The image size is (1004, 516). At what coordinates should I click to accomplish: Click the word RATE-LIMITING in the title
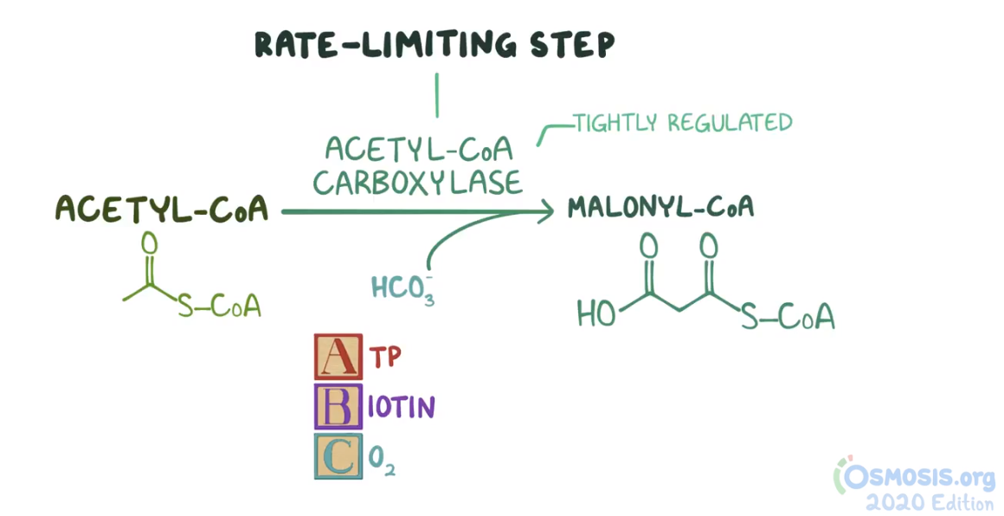[x=374, y=45]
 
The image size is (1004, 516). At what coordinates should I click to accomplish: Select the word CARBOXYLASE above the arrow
[x=418, y=182]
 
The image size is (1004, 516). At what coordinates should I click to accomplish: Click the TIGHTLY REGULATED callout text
[x=683, y=123]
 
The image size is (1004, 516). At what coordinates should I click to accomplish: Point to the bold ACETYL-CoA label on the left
[x=162, y=210]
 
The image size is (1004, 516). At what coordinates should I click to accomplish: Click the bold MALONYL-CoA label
[x=660, y=208]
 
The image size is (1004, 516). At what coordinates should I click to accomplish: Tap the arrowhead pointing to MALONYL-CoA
[x=544, y=210]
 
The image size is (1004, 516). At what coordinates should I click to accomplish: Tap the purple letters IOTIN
[x=400, y=407]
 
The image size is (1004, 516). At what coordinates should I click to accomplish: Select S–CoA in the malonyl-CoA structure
[x=788, y=317]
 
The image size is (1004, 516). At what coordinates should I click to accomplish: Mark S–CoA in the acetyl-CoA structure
[x=220, y=306]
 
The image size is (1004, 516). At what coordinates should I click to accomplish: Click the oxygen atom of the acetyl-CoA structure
[x=149, y=243]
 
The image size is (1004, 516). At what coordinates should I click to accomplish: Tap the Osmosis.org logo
[x=916, y=475]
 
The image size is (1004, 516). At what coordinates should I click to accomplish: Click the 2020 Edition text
[x=930, y=503]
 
